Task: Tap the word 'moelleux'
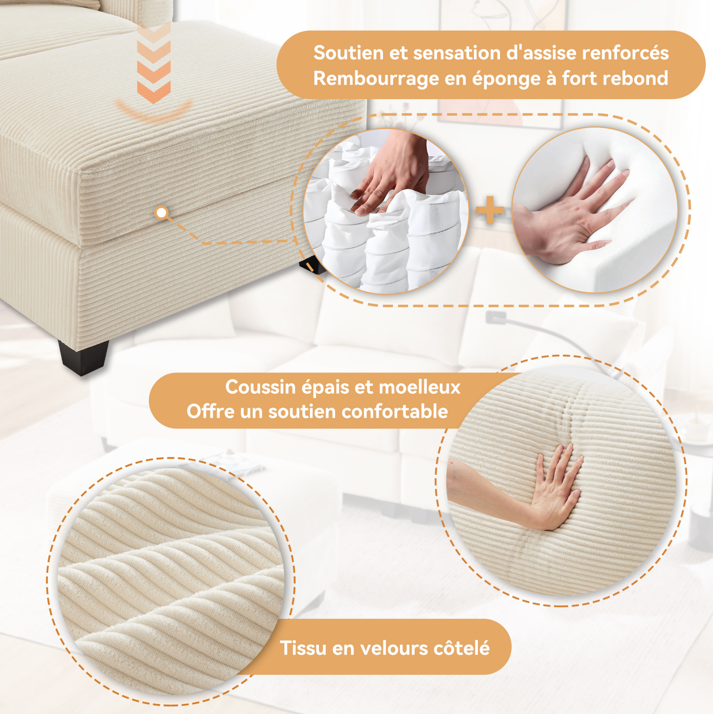click(x=420, y=387)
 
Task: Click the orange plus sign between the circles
click(x=490, y=210)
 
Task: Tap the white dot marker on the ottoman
click(x=162, y=213)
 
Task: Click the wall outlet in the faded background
click(x=495, y=316)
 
